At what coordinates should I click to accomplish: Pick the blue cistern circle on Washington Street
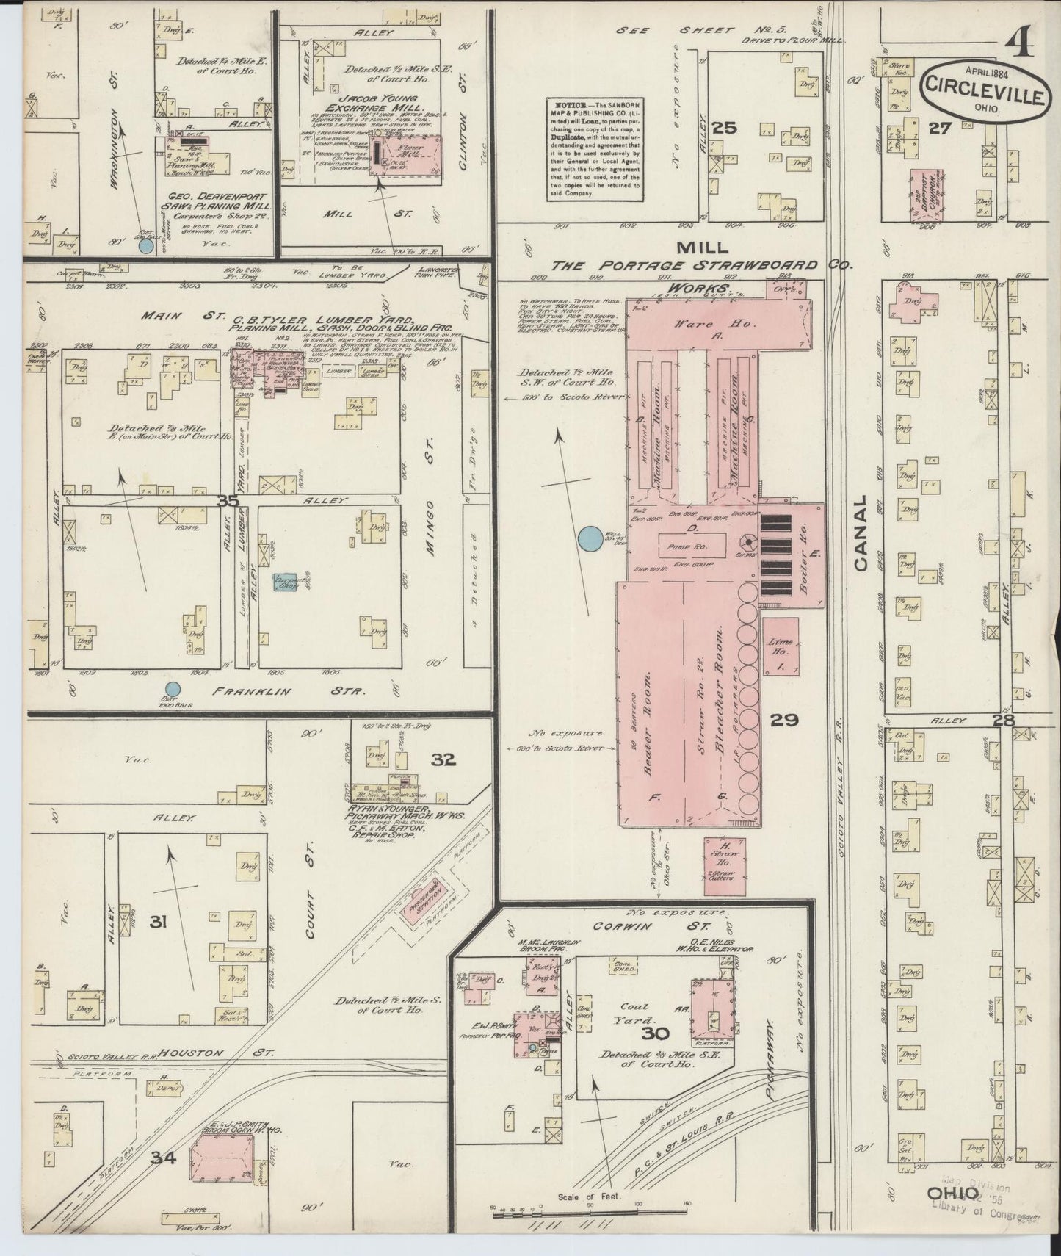point(146,246)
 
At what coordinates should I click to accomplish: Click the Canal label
point(861,533)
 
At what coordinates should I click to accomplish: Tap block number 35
point(228,501)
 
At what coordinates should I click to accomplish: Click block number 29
point(785,720)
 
